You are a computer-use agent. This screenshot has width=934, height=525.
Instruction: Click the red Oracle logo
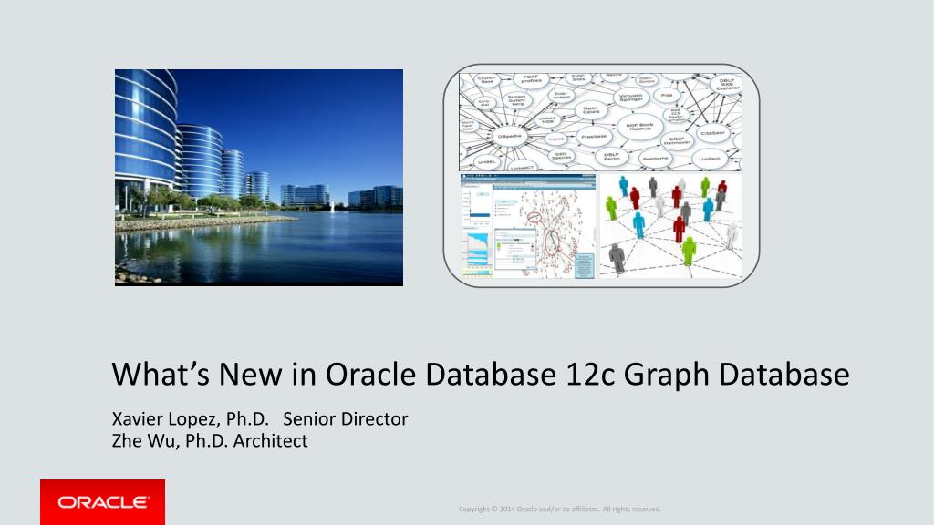click(x=102, y=501)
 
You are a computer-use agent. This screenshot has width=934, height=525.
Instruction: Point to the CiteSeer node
click(x=713, y=133)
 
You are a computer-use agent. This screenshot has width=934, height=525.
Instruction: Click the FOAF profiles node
click(x=531, y=78)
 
